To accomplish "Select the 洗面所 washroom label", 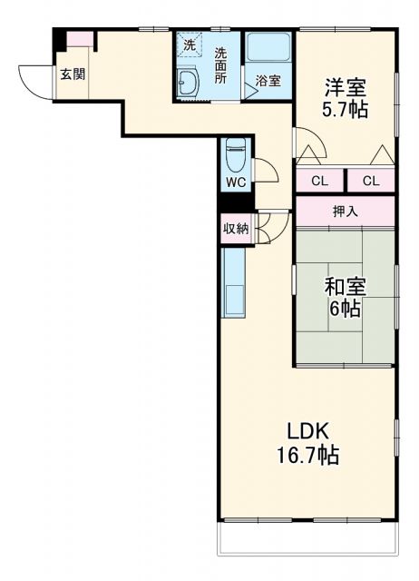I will [220, 64].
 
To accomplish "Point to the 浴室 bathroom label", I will [268, 81].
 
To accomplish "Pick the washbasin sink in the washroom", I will [190, 83].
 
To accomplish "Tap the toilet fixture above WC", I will [235, 155].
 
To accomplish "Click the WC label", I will [236, 182].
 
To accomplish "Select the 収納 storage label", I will [236, 229].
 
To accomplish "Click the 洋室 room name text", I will [346, 88].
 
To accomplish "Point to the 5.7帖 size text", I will [346, 111].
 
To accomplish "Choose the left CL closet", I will [319, 181].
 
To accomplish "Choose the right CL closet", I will [371, 181].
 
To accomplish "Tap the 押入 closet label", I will [345, 212].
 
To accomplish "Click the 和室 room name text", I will [346, 287].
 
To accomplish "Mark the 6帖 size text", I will [346, 309].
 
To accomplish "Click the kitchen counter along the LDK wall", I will [233, 290].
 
